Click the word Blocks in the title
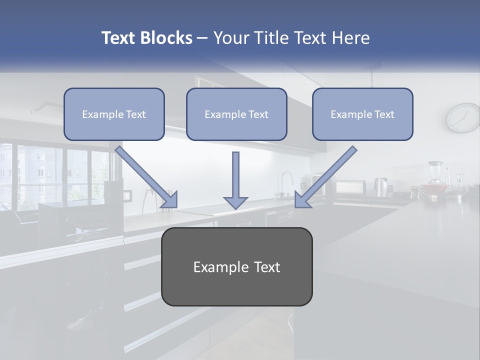coord(166,38)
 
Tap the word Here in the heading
coord(351,38)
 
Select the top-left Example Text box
coord(114,114)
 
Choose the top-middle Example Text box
coord(236,114)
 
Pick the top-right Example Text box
coord(362,114)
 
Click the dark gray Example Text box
coord(236,266)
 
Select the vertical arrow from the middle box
coord(235,180)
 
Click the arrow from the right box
coord(325,177)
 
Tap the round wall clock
coord(463,118)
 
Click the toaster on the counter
coord(350,187)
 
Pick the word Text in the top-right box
coord(384,114)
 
